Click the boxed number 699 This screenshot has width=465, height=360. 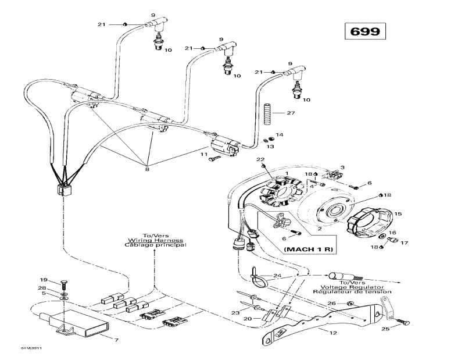click(365, 31)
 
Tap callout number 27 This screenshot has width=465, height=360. click(291, 113)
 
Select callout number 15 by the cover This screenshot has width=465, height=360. click(398, 214)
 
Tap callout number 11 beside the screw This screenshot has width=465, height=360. click(205, 155)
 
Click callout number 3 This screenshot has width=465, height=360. click(342, 167)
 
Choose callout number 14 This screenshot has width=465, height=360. click(280, 135)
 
